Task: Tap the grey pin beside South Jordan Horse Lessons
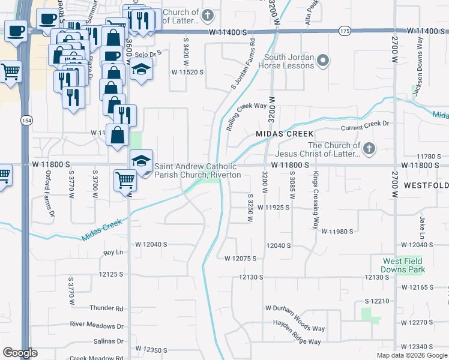324,60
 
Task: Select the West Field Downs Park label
402,265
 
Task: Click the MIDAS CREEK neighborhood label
285,133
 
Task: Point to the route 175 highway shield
344,30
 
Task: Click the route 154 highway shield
27,120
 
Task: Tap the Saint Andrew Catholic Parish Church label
197,171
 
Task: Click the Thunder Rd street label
106,308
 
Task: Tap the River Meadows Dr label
97,325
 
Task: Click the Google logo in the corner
20,353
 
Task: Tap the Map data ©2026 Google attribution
411,355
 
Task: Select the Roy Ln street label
113,253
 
